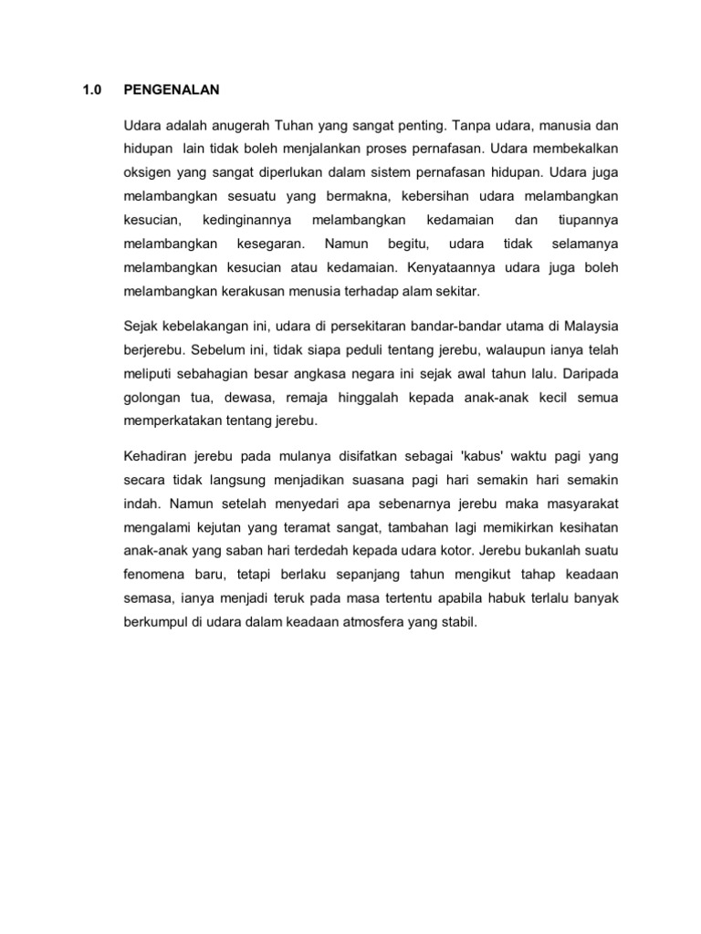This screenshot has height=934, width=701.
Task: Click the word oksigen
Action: point(147,171)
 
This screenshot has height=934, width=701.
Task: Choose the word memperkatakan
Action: point(168,420)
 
